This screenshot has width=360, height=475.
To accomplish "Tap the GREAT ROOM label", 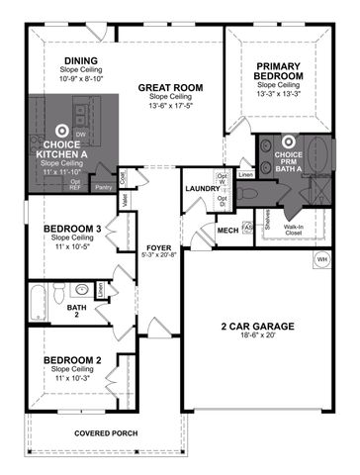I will coord(170,88).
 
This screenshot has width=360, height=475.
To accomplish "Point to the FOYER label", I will coord(160,248).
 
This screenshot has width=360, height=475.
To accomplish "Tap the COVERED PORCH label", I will coord(107,433).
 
